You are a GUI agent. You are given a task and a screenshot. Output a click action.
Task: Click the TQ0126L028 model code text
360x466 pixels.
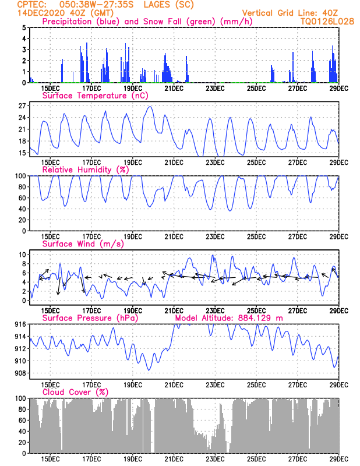click(x=327, y=22)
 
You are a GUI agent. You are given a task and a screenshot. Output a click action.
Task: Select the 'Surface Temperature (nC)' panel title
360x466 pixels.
click(x=95, y=96)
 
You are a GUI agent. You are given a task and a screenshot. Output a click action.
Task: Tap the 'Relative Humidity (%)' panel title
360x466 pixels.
click(x=86, y=170)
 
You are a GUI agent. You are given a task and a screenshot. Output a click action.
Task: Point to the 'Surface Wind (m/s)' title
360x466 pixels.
click(x=83, y=244)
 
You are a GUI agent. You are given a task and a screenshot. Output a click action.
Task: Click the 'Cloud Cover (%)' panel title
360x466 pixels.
click(x=76, y=392)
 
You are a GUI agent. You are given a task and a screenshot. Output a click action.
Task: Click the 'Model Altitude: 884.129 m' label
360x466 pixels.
click(x=229, y=318)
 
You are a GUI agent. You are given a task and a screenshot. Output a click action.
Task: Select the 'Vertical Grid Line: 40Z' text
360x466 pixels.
click(x=290, y=13)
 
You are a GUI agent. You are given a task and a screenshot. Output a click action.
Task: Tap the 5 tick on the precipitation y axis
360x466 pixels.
click(x=24, y=27)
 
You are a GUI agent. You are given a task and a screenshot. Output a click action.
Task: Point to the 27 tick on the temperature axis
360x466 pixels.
click(x=22, y=106)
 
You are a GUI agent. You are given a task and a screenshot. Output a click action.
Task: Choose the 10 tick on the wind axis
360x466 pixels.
click(x=22, y=255)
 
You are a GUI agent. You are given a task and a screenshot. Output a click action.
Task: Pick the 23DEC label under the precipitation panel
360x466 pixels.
click(x=215, y=89)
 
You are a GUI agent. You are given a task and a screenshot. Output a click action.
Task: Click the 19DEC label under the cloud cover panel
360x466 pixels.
click(x=133, y=459)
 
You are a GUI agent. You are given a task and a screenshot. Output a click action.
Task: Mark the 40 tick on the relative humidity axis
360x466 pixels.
click(x=22, y=209)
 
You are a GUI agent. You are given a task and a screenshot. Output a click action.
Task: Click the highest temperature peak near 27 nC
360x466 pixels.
click(x=151, y=107)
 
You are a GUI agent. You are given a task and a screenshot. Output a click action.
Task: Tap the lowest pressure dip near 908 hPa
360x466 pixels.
click(x=149, y=370)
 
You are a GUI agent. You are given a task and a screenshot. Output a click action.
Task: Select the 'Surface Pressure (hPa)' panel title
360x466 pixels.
click(x=90, y=318)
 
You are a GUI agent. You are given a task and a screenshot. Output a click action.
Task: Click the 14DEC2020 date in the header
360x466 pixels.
click(x=41, y=13)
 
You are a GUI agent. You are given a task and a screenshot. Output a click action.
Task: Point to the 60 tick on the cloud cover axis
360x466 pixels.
click(x=22, y=420)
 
